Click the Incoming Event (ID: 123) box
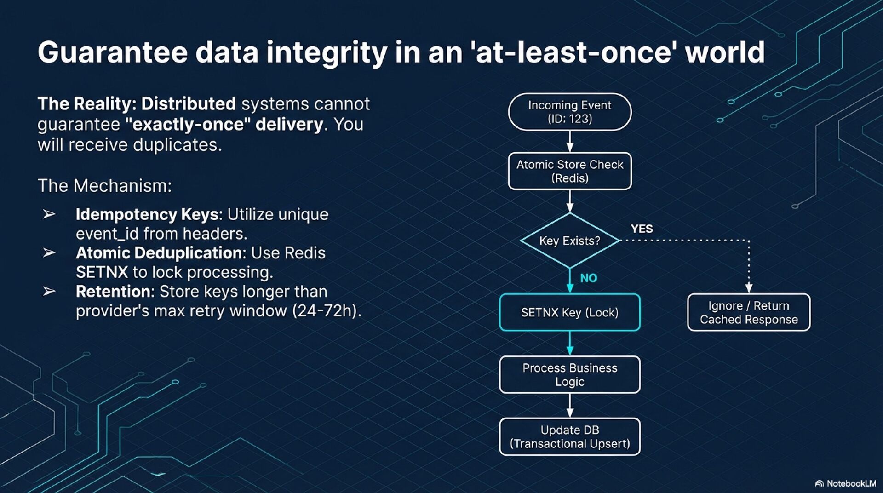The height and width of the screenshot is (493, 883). [570, 112]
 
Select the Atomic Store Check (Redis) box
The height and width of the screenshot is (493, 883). [570, 171]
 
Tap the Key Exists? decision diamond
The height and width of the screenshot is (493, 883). [570, 241]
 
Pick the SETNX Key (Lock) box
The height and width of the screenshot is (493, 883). [570, 312]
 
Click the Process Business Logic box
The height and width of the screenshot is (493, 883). [570, 374]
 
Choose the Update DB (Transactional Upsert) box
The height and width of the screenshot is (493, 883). [570, 436]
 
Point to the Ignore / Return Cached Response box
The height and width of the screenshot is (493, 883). [749, 312]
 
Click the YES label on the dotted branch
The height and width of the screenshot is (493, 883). [642, 229]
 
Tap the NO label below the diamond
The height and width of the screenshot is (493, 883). [589, 278]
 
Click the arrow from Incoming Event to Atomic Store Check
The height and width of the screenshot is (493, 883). [570, 141]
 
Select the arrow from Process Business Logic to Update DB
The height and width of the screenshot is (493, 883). [570, 406]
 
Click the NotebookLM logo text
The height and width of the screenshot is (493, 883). [851, 483]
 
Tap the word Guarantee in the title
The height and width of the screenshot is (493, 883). [113, 52]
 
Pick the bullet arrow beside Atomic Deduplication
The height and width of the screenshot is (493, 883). [49, 252]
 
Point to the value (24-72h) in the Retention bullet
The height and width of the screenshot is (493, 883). [327, 311]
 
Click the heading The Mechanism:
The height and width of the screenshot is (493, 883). [104, 186]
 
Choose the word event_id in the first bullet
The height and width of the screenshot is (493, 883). [107, 234]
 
